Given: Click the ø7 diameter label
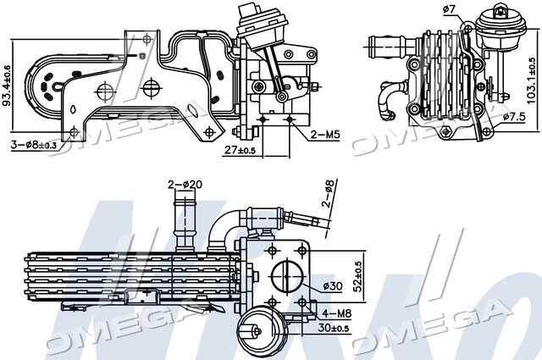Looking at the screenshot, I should point(450,10).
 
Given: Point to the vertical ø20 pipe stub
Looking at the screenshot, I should point(184,219).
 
